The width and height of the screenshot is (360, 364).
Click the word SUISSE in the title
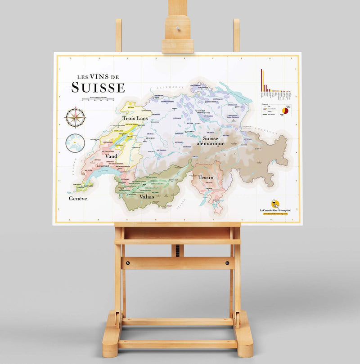tap(98, 87)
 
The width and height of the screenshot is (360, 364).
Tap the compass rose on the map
tap(75, 118)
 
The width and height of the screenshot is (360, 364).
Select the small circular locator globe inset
tap(75, 143)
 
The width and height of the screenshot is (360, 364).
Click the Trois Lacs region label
tap(135, 118)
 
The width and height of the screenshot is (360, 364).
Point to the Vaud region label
tap(111, 156)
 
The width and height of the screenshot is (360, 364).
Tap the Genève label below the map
tap(77, 198)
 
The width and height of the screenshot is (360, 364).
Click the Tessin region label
tap(206, 178)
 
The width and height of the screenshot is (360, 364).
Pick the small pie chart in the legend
tap(285, 110)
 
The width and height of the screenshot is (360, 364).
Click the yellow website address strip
tap(278, 214)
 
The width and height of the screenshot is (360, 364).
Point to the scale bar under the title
tap(98, 98)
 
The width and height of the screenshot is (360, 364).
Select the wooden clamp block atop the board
tap(177, 34)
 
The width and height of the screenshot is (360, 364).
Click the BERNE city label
tap(151, 138)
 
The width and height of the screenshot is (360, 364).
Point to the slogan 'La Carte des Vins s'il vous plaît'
tap(278, 210)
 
